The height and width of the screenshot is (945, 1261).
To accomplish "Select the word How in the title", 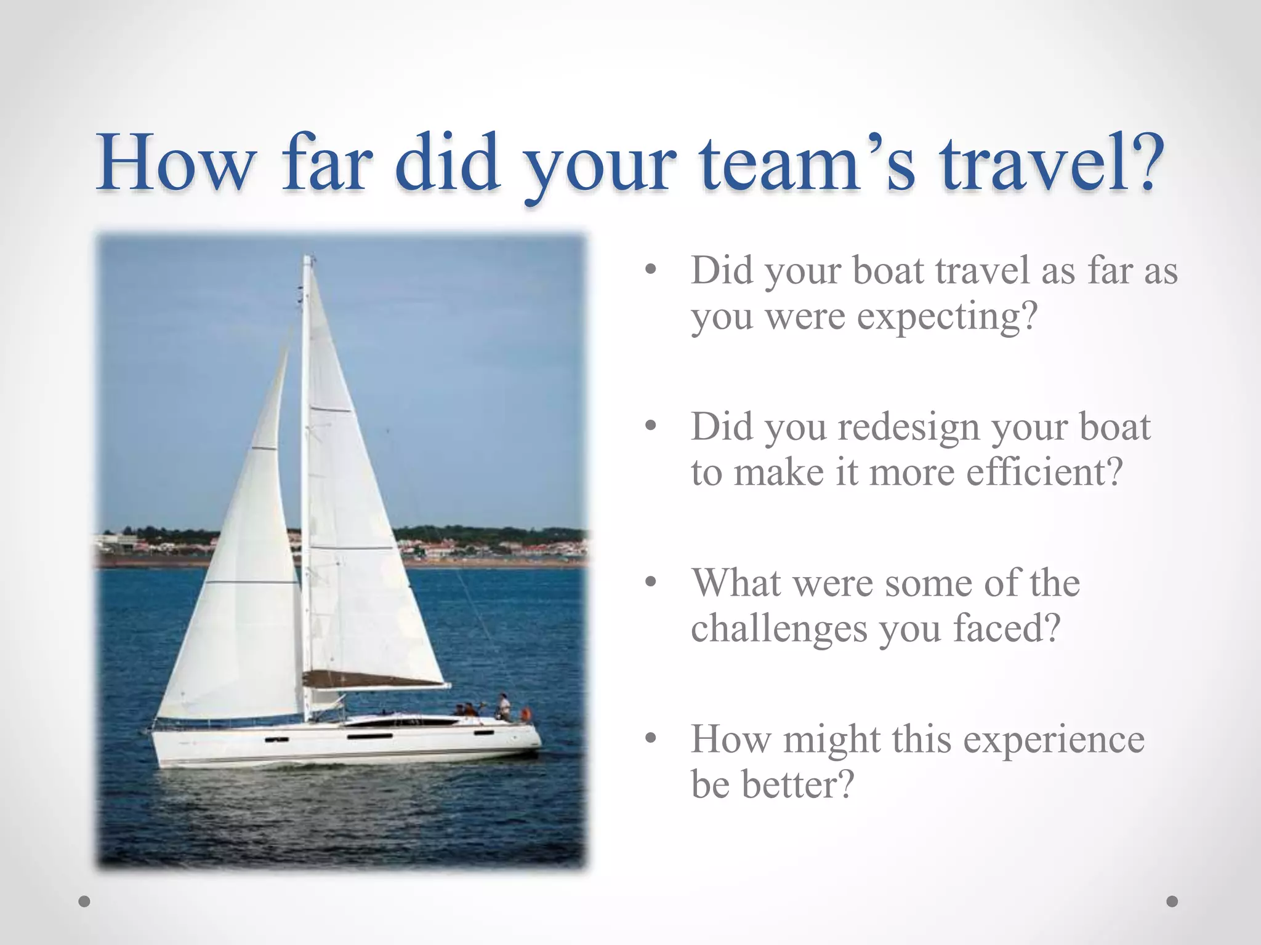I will (x=176, y=164).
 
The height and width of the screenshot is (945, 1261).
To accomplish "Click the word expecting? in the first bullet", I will (x=948, y=317).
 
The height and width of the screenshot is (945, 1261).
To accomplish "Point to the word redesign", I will (x=909, y=427).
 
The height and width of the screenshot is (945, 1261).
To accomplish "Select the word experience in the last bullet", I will (x=1054, y=740).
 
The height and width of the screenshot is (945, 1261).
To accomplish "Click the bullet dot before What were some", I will (x=651, y=582).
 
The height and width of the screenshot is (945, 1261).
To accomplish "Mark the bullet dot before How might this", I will (x=651, y=738).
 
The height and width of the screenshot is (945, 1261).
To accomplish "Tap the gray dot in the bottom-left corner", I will (x=84, y=901).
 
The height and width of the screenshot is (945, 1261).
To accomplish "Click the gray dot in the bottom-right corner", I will (x=1172, y=901).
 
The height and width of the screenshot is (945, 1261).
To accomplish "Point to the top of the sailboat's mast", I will (x=307, y=258).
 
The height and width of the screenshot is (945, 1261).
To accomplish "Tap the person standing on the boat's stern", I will (x=504, y=706).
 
